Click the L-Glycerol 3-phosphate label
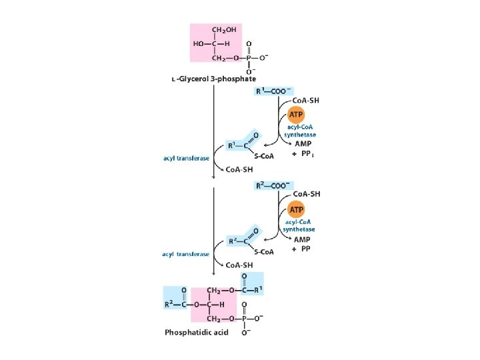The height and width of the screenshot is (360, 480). pyautogui.click(x=223, y=79)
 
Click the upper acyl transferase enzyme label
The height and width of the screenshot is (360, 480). pyautogui.click(x=186, y=158)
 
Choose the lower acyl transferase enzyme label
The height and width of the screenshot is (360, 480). pyautogui.click(x=186, y=254)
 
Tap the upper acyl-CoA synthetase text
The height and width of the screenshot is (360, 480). pyautogui.click(x=301, y=130)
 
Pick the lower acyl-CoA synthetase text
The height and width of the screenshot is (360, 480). pyautogui.click(x=301, y=224)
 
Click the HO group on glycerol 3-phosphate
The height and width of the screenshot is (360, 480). pyautogui.click(x=199, y=44)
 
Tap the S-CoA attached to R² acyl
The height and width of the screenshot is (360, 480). pyautogui.click(x=263, y=252)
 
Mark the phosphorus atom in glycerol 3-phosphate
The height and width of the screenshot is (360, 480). pyautogui.click(x=248, y=58)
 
